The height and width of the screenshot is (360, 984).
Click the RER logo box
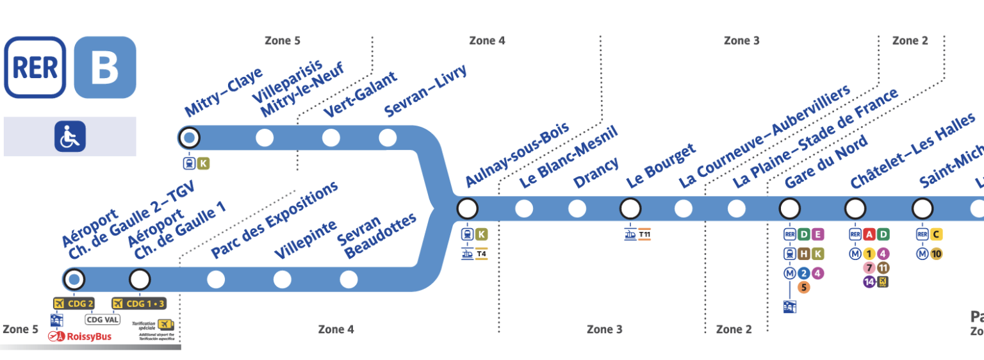(x=35, y=67)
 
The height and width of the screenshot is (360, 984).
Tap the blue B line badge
(x=105, y=67)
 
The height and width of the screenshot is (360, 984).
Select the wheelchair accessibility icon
(x=70, y=136)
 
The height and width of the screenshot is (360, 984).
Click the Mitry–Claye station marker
(x=188, y=138)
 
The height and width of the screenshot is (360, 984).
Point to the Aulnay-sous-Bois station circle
(x=467, y=208)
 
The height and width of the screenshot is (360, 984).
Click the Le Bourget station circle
(x=630, y=208)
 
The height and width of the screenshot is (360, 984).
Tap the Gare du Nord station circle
(x=789, y=208)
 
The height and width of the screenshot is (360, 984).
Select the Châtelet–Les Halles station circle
(x=855, y=208)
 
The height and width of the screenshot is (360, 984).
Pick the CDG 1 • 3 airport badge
(x=139, y=303)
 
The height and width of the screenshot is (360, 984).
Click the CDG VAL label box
(x=102, y=319)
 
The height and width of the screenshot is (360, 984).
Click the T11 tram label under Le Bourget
(x=644, y=234)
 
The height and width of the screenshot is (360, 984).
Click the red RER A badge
(x=869, y=234)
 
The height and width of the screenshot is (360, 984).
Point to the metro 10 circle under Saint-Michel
(x=936, y=254)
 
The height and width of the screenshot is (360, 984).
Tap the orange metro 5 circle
(x=804, y=287)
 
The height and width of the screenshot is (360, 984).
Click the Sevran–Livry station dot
(x=388, y=138)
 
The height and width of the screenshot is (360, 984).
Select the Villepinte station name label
(x=306, y=240)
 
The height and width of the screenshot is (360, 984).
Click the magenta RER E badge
(x=817, y=234)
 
